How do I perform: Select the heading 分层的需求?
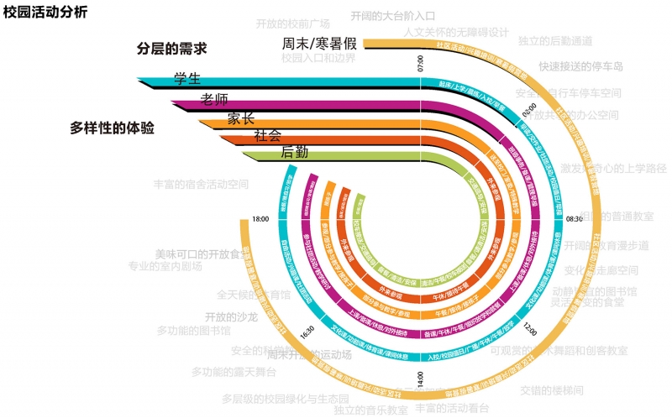[172, 50]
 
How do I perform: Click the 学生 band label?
[187, 79]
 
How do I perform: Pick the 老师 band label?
[214, 99]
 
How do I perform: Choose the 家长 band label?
[241, 118]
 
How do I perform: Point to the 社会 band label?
[267, 134]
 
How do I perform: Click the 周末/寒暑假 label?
[320, 44]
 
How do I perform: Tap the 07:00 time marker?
[421, 62]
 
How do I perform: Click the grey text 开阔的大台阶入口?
[392, 16]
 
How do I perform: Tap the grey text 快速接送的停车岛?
[580, 66]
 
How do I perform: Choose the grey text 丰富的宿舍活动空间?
[202, 183]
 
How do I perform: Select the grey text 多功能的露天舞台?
[233, 372]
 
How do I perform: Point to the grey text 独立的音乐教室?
[370, 410]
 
